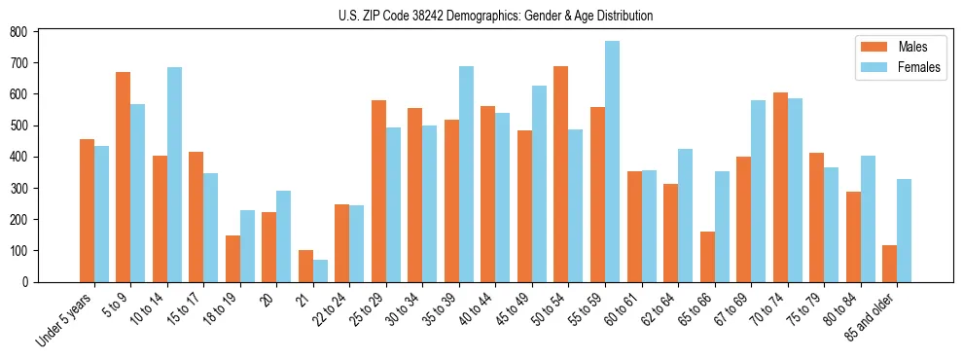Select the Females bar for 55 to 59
(612, 162)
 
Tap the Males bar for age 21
(305, 266)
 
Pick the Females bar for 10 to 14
(174, 174)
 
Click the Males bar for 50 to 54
(561, 174)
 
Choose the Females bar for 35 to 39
(466, 174)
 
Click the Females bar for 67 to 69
(758, 191)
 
